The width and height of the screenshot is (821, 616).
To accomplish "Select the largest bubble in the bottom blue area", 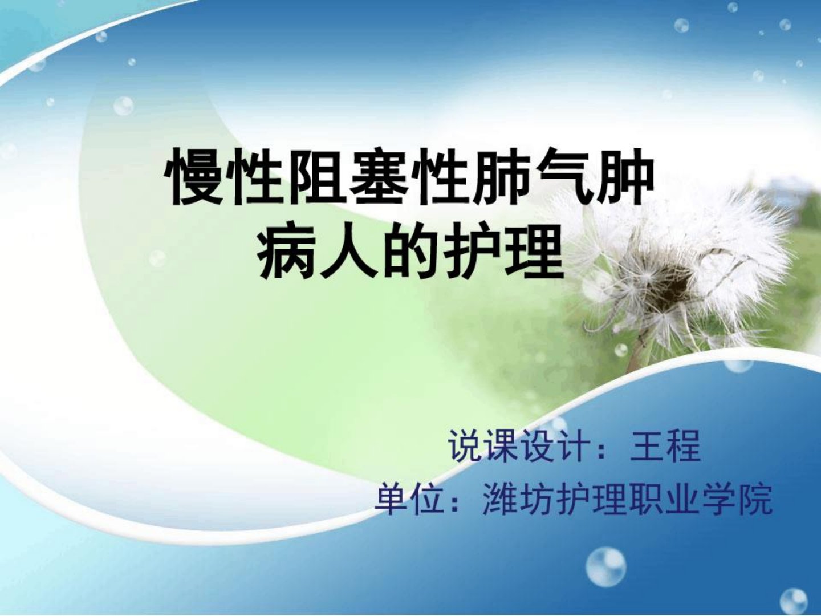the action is (x=605, y=572).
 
